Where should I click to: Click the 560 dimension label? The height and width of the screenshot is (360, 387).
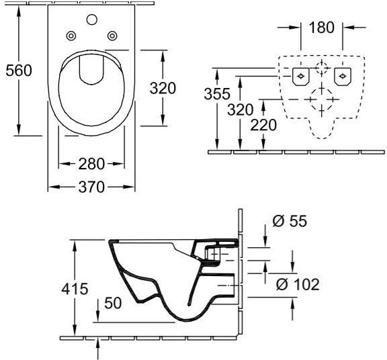pos(19,71)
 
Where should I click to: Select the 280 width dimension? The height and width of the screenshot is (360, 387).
pos(91,164)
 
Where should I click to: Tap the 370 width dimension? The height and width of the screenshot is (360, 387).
pos(91,187)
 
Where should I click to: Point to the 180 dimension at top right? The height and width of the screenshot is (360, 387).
pos(321,28)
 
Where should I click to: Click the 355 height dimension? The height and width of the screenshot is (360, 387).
pos(217,94)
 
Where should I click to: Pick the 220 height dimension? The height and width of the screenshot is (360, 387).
pos(263,125)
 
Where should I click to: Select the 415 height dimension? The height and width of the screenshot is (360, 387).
pos(75,289)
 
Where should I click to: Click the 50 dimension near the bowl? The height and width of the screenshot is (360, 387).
pos(113,303)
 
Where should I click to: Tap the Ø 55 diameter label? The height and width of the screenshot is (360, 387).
pos(290,221)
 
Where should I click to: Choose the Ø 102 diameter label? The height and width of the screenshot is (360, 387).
pos(298,284)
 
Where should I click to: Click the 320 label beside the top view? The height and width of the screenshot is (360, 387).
pos(163,88)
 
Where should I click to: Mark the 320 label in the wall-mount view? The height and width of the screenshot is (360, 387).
pos(240,109)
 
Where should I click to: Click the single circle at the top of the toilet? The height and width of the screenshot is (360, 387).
pos(92,19)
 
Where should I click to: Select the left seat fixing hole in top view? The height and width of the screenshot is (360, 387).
pos(71,36)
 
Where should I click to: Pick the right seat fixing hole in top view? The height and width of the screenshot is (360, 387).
pos(112,36)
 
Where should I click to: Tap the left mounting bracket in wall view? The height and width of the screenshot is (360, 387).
pos(300,77)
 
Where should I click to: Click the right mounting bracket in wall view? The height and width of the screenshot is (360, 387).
pos(343,77)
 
